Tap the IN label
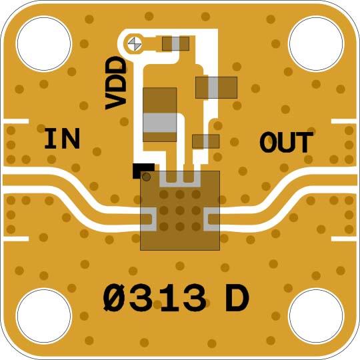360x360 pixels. tap(62, 139)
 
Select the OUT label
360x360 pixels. tap(286, 143)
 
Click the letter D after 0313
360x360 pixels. tap(237, 298)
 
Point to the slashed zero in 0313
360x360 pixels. tap(115, 298)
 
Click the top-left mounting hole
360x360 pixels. tap(44, 43)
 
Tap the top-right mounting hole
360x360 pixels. tap(316, 43)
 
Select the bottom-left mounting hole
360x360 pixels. tap(44, 316)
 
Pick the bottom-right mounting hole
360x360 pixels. tap(316, 316)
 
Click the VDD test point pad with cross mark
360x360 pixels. tap(135, 43)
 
